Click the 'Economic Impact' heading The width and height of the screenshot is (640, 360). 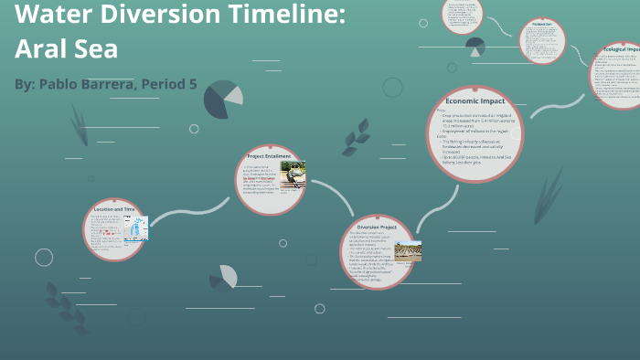point(475,101)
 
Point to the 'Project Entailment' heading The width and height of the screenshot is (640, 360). point(269,156)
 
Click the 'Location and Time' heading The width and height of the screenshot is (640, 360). point(114,209)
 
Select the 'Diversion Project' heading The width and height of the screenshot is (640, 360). point(376,227)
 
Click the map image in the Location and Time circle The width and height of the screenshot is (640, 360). point(136,229)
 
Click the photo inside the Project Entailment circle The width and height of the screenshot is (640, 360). point(293,175)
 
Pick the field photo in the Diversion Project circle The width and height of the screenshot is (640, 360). point(408,251)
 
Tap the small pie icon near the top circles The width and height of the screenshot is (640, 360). point(475,47)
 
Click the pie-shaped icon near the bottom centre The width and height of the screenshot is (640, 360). point(224,277)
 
